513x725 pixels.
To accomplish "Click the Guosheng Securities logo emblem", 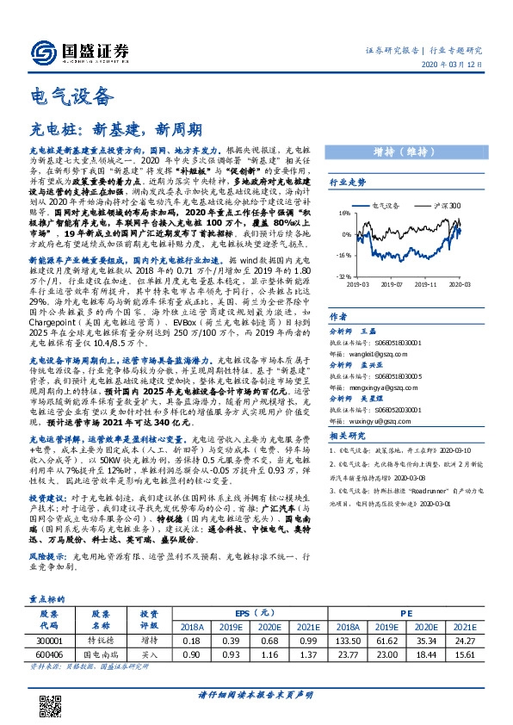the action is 40,52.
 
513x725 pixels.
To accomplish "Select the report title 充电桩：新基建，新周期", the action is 116,130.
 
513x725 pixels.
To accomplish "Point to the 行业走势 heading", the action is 348,183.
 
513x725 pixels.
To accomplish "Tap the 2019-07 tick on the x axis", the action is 392,283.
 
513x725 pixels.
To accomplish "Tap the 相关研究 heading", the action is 348,437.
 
